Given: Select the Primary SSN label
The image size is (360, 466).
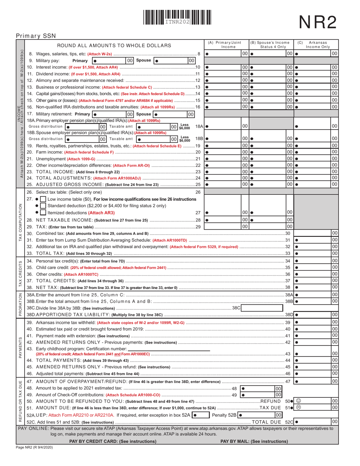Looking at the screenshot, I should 36,36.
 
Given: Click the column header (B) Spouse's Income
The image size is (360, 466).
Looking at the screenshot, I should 271,45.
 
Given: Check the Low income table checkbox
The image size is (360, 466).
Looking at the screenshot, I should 43,199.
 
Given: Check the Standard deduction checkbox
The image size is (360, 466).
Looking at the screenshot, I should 43,206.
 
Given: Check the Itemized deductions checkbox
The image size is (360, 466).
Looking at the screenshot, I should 43,213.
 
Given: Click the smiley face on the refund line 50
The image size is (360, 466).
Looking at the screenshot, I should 298,400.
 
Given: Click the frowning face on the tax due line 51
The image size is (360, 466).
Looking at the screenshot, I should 298,407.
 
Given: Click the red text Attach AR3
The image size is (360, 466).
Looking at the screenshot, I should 101,213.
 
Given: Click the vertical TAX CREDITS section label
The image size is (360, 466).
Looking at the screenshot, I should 20,274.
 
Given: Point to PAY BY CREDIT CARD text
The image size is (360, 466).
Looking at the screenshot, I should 113,441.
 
